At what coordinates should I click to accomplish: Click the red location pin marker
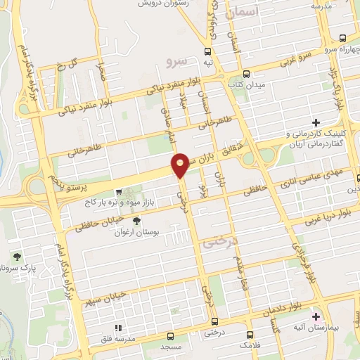pos(180,164)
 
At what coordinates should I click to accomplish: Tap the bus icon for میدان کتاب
pos(246,75)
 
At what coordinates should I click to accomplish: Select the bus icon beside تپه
pos(207,51)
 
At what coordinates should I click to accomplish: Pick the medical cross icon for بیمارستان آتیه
pos(316,317)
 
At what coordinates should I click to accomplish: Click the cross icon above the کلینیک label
pos(316,123)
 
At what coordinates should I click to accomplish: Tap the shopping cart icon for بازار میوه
pos(119,191)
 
